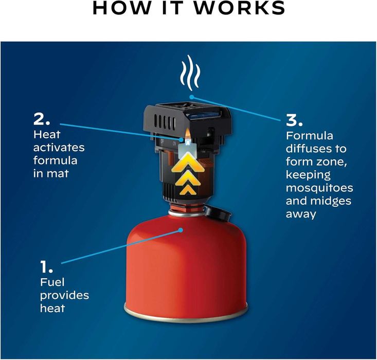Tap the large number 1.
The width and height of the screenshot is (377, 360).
(x=46, y=267)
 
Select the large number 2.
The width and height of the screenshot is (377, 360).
(x=42, y=119)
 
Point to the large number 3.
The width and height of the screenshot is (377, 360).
(x=294, y=120)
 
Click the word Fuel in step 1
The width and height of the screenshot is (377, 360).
(x=52, y=282)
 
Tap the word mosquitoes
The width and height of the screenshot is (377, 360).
(x=319, y=188)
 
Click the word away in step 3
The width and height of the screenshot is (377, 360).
(x=301, y=214)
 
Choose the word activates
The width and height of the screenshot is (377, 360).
(x=59, y=148)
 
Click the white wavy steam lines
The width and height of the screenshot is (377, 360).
(x=190, y=73)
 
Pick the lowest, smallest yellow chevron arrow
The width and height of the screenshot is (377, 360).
(x=187, y=189)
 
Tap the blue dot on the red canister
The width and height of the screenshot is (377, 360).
(x=181, y=230)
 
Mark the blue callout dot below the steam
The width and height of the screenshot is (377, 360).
(x=192, y=97)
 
